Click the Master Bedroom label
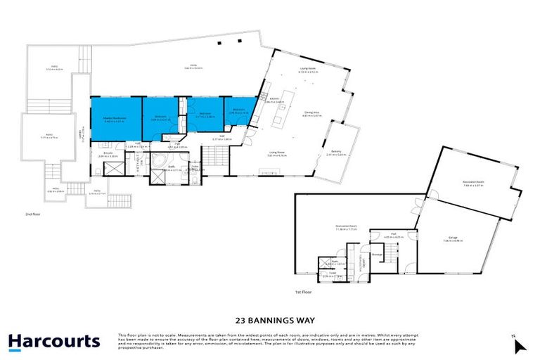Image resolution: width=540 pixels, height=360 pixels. (x=115, y=117)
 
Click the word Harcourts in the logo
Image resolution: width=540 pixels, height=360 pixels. (x=53, y=342)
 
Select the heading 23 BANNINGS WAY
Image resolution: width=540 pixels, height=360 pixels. (x=270, y=318)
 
